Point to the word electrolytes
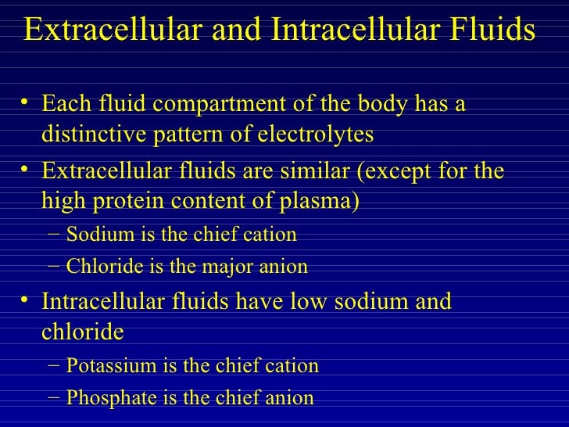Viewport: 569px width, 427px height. (x=319, y=135)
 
